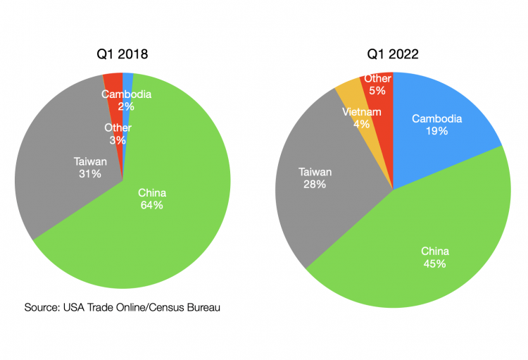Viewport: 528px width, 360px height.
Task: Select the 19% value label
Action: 436,131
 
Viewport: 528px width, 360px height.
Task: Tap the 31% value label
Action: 90,173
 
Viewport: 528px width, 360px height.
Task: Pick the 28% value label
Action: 315,184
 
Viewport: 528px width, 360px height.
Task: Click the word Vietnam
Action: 362,112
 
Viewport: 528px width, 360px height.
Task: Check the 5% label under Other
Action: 378,91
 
